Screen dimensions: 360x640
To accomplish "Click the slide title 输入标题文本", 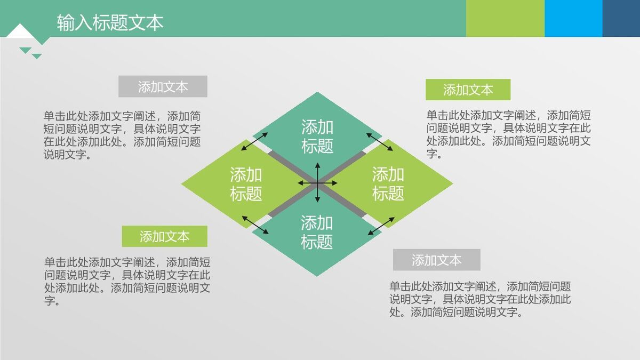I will tap(110, 22).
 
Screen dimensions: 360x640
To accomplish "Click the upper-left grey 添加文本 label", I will tap(163, 87).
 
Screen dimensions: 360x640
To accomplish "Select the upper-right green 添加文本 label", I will tap(468, 90).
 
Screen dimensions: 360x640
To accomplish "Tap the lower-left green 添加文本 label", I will tap(164, 236).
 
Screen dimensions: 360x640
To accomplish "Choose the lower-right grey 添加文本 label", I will tap(436, 260).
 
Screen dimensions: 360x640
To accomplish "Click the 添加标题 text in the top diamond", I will tap(317, 137).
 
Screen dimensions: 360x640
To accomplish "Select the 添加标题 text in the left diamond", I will tap(246, 183).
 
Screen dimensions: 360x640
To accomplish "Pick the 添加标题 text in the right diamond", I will tap(388, 183).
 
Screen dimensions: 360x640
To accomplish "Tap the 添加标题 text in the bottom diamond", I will tap(317, 232).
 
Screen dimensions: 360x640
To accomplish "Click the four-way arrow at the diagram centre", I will tap(317, 183).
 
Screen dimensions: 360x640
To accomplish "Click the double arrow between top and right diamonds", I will tap(379, 141).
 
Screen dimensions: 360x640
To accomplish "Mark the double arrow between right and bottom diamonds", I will tap(381, 226).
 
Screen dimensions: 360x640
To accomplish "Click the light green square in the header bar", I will tap(505, 19).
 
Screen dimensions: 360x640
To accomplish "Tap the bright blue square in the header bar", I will tap(573, 19).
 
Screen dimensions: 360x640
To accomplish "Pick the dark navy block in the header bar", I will tap(621, 19).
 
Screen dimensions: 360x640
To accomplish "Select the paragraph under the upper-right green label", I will tap(508, 134).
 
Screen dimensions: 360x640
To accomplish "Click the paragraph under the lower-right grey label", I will tap(480, 299).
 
